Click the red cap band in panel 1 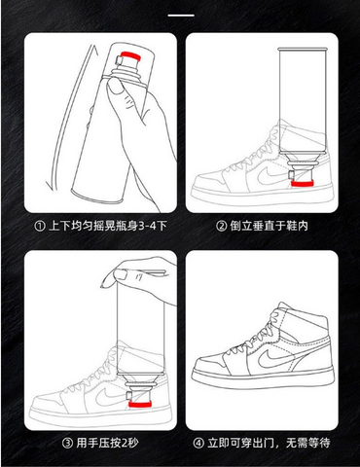coord(130,55)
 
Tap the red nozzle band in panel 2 coord(302,184)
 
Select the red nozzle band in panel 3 coord(140,404)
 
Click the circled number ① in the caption coord(40,226)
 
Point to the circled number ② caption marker coord(222,226)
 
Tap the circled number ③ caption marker coord(67,443)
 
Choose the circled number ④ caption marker coord(198,443)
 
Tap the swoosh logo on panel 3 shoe coord(110,397)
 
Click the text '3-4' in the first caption coord(148,226)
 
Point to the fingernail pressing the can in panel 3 coord(121,274)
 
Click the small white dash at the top coord(181,15)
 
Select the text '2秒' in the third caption coord(129,443)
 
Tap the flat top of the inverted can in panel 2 coord(303,49)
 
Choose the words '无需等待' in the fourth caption coord(307,443)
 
